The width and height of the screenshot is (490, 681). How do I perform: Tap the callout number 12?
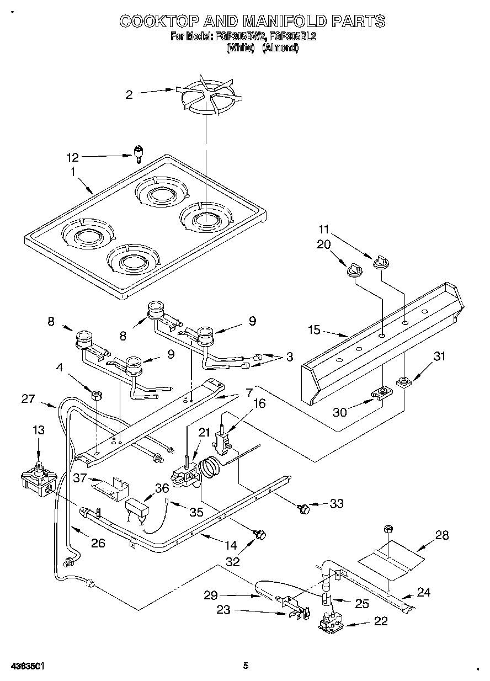(72, 157)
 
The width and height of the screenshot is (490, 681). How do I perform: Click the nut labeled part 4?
(96, 395)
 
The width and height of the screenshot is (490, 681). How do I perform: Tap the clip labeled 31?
(403, 381)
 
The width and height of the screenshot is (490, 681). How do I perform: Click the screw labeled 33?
(302, 507)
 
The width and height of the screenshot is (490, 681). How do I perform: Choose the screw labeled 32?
(260, 534)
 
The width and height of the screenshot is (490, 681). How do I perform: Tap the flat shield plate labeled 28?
(392, 557)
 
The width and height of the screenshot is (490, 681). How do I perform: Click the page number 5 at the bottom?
(246, 666)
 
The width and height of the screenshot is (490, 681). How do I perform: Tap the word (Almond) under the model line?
(280, 47)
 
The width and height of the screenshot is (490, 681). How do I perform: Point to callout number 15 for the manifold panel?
(314, 331)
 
